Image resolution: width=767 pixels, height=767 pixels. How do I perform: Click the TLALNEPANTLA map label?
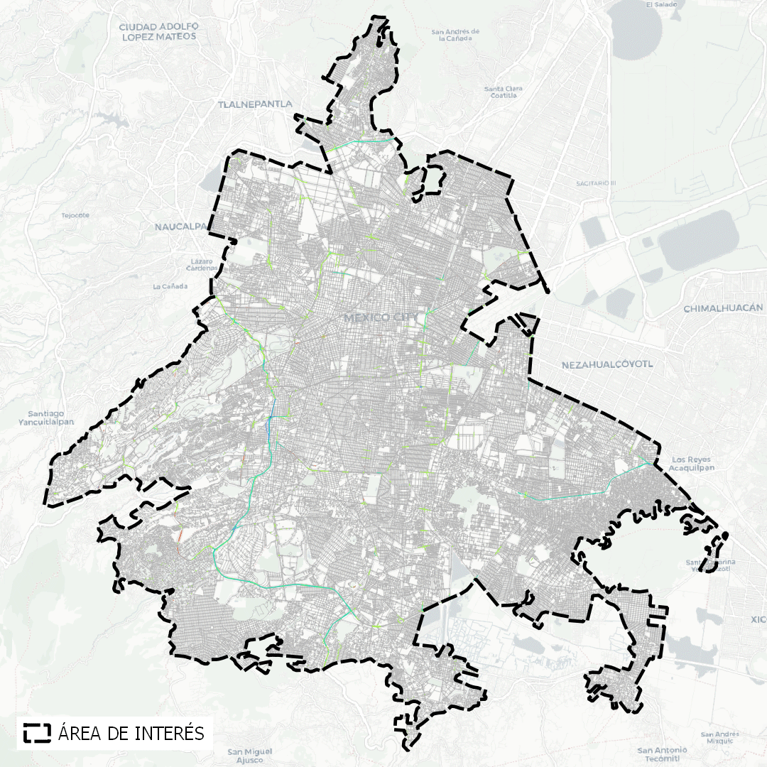255,104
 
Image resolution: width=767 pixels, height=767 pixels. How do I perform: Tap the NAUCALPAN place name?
180,227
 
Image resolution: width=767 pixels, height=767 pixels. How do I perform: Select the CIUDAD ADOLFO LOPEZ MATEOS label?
160,31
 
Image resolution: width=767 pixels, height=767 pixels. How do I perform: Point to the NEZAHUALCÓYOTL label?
606,365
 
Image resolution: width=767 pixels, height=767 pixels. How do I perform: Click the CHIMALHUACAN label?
723,308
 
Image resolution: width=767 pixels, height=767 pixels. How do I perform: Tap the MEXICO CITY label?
381,317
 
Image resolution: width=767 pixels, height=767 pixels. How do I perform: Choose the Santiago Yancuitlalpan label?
46,417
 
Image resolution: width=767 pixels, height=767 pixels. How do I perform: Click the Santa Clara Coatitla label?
503,92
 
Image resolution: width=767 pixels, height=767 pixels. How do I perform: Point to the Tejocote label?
75,214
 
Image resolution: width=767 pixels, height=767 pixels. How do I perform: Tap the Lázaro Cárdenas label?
202,265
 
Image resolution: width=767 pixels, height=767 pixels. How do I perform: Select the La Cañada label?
170,286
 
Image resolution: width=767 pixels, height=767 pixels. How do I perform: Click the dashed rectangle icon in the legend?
37,732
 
